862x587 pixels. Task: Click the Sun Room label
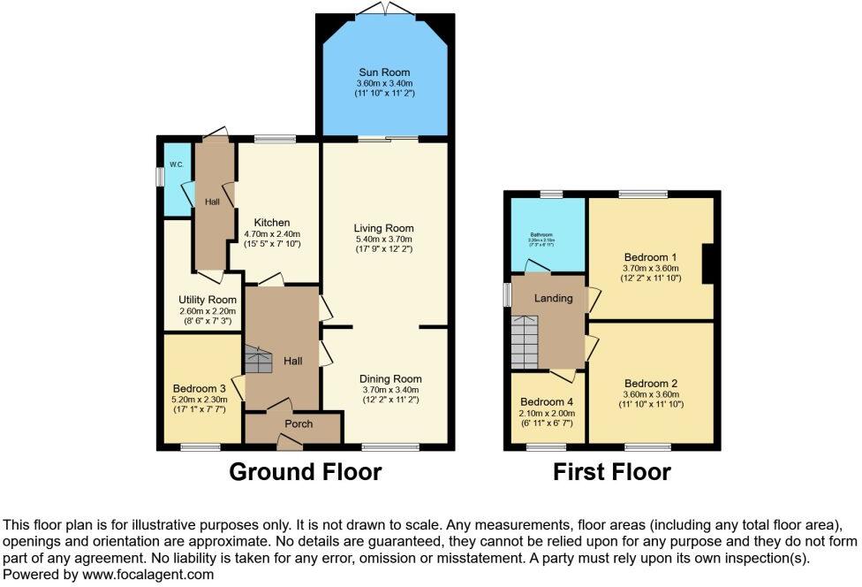point(384,72)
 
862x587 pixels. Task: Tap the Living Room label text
point(384,228)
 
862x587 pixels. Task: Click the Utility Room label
point(207,301)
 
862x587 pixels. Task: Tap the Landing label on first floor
point(553,298)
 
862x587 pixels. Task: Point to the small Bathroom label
point(541,235)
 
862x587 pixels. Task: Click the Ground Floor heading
point(305,472)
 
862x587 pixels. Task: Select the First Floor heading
point(611,472)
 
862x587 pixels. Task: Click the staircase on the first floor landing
point(524,343)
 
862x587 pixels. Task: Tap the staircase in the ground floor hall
point(259,360)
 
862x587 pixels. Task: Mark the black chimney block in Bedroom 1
point(707,263)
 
